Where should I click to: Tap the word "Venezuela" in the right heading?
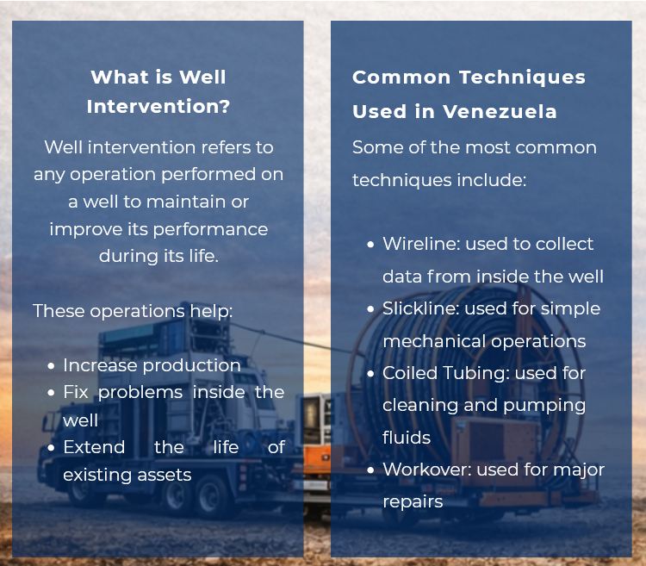click(500, 112)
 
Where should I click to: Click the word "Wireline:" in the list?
click(421, 244)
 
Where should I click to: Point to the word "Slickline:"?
click(419, 308)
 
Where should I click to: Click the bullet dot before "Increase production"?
click(52, 366)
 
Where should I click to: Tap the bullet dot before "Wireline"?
click(370, 245)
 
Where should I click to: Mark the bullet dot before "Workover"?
click(370, 470)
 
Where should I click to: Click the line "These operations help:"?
click(133, 311)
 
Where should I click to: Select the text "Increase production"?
click(152, 365)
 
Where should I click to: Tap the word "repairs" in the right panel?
click(413, 501)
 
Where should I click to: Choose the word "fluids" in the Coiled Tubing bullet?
click(407, 438)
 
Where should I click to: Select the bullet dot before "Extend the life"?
click(52, 448)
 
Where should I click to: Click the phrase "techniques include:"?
click(439, 181)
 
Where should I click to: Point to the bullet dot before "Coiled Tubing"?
click(370, 374)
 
